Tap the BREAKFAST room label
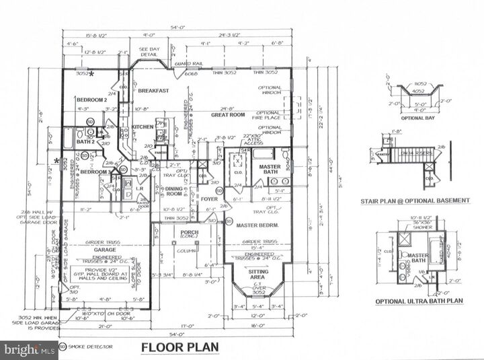pyautogui.click(x=152, y=90)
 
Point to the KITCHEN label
pyautogui.click(x=143, y=127)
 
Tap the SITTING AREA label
pyautogui.click(x=257, y=273)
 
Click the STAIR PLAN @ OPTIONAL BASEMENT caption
pyautogui.click(x=423, y=201)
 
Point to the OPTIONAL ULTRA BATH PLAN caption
pyautogui.click(x=419, y=301)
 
